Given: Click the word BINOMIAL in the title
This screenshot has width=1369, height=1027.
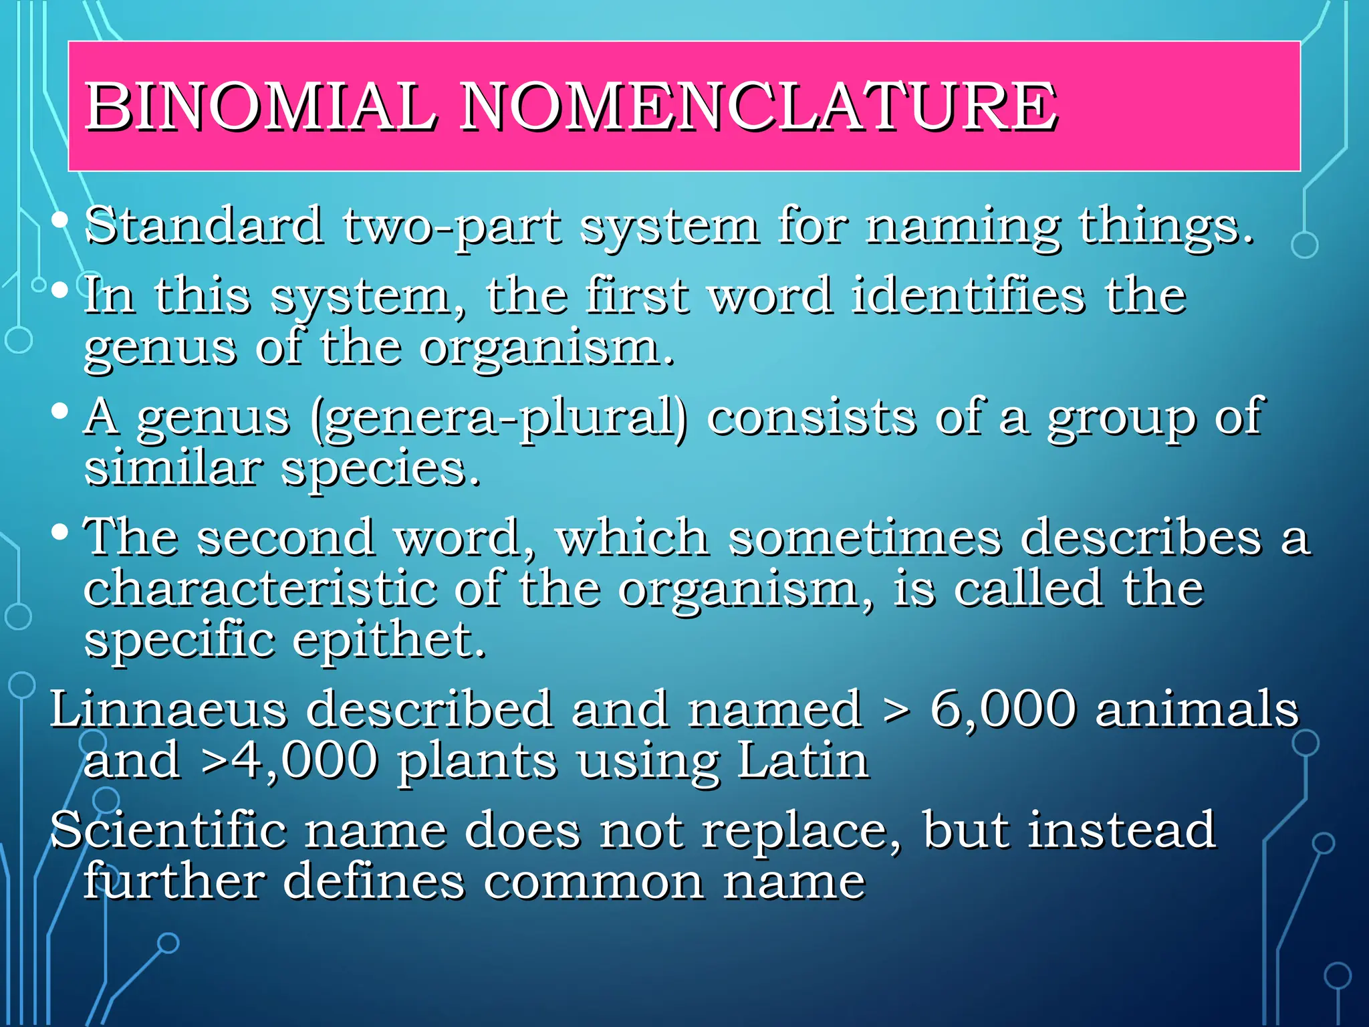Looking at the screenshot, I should pos(261,107).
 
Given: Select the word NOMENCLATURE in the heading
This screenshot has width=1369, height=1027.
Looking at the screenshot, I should pos(758,107).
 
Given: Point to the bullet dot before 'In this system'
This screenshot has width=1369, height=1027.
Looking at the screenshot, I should pos(60,290).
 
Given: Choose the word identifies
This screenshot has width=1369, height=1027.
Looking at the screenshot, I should pos(967,296).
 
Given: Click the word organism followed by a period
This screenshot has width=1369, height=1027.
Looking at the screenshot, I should pos(545,349).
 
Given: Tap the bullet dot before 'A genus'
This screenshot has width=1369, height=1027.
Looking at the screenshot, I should pos(60,411).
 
